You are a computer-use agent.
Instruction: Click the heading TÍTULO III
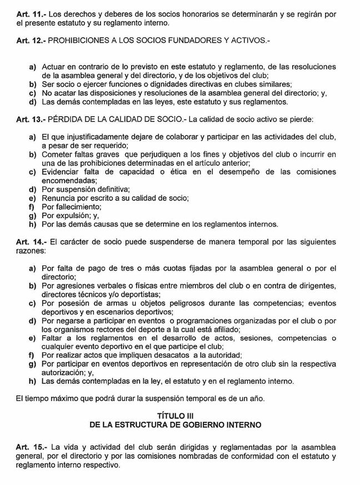[x=179, y=415]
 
